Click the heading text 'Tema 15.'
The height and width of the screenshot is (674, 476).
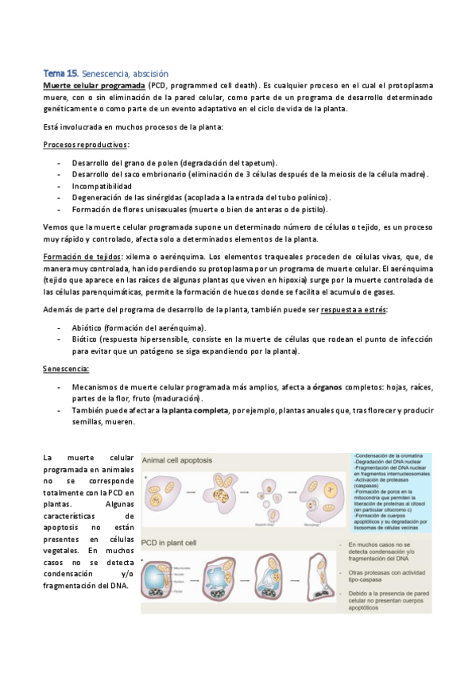click(61, 73)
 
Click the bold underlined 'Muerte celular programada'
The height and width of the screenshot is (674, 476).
click(93, 84)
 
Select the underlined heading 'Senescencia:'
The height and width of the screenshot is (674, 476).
click(65, 369)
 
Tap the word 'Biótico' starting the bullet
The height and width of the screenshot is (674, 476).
click(86, 338)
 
